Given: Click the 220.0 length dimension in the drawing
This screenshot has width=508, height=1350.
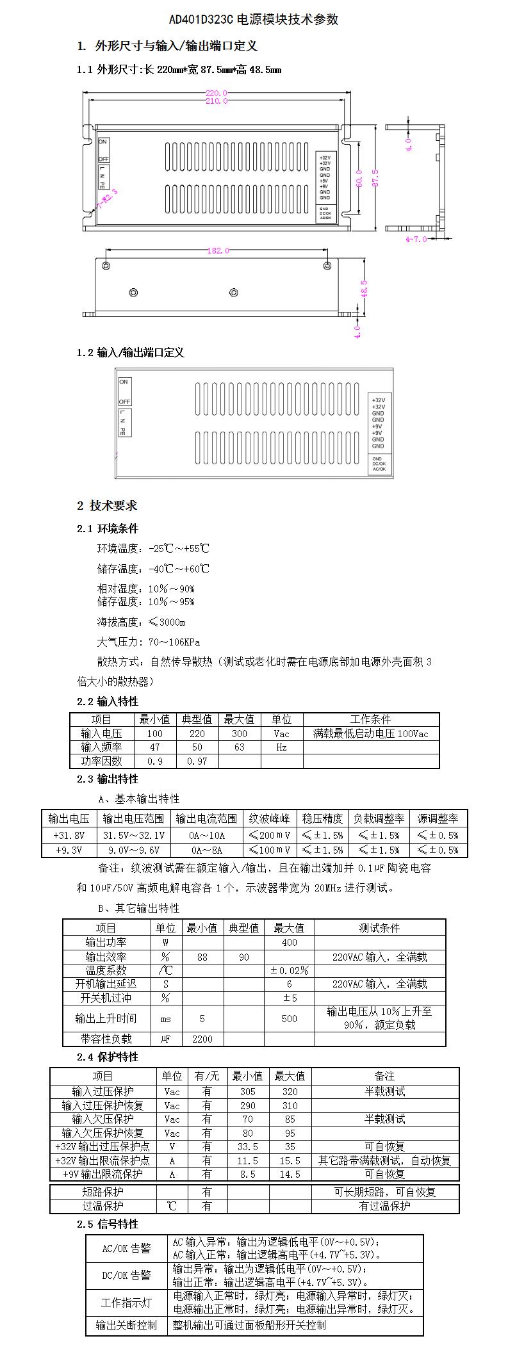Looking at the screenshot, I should pos(217,93).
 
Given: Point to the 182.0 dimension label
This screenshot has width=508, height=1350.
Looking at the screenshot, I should pos(218,250).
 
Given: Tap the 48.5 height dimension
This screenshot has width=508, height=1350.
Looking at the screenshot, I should pos(365,289).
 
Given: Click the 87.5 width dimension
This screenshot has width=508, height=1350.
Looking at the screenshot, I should pos(375,178).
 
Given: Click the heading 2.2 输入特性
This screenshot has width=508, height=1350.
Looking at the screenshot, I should pos(107,701).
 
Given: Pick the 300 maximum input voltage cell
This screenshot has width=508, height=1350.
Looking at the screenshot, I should pos(240,733).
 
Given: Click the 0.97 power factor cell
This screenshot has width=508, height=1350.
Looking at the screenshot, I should pos(197,761).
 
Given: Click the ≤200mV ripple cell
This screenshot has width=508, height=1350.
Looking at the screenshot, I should pos(269,835).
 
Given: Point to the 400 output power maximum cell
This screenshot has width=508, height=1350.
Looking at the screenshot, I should pos(289,942).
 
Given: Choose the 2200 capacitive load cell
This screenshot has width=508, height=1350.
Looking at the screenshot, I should pos(202,1039).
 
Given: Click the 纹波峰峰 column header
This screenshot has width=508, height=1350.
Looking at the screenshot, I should pos(269,818).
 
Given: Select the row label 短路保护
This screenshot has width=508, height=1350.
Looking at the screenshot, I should pos(103,1192).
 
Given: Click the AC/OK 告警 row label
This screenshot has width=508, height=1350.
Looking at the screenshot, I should pos(127,1248).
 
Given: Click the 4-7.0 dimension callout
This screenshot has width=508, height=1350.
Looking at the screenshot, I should pos(416,239).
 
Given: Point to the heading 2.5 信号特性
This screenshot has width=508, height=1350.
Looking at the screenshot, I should pos(107,1224).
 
